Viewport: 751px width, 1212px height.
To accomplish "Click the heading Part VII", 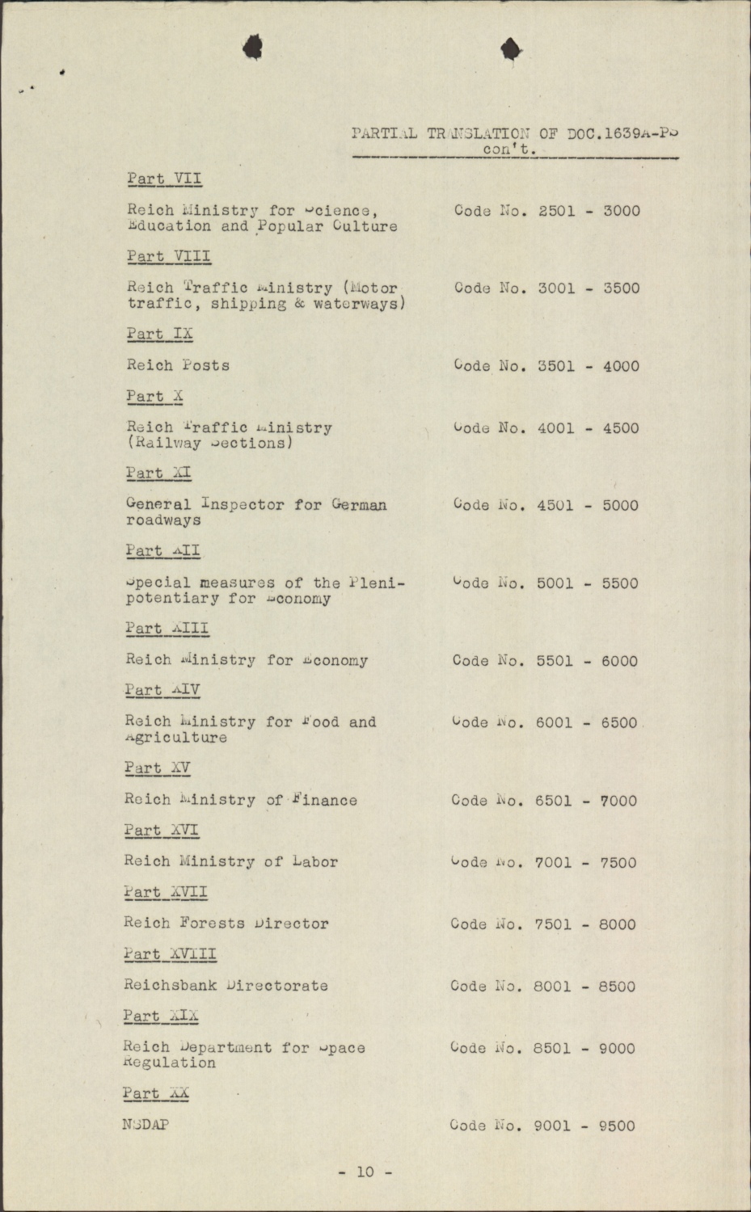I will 164,179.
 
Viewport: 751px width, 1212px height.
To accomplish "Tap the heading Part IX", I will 159,334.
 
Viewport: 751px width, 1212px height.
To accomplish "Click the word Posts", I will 205,365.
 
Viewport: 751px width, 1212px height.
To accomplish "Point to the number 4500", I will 620,428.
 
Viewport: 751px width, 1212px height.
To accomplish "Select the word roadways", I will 163,520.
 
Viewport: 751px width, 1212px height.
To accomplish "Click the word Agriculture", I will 175,737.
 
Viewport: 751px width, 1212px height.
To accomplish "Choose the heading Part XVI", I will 162,830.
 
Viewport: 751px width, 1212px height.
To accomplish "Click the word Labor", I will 313,862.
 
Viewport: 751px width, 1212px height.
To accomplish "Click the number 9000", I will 617,1049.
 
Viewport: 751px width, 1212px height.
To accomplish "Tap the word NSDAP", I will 146,1124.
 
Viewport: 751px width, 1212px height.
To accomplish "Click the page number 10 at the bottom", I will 365,1172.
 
